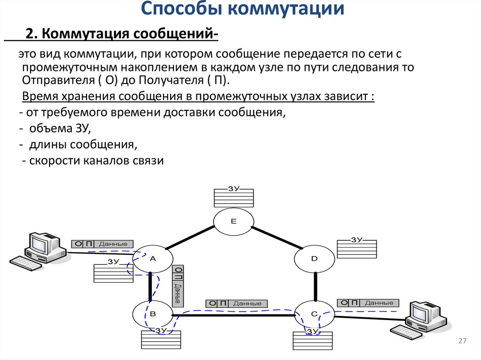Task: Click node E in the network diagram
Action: coord(233,222)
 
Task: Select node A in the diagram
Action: coord(152,259)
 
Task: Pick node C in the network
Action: coord(314,314)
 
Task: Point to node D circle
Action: coord(314,259)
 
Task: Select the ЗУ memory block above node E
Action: coord(233,197)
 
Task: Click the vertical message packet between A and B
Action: coord(178,286)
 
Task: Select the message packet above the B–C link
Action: coord(237,304)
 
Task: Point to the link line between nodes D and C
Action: coord(315,286)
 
